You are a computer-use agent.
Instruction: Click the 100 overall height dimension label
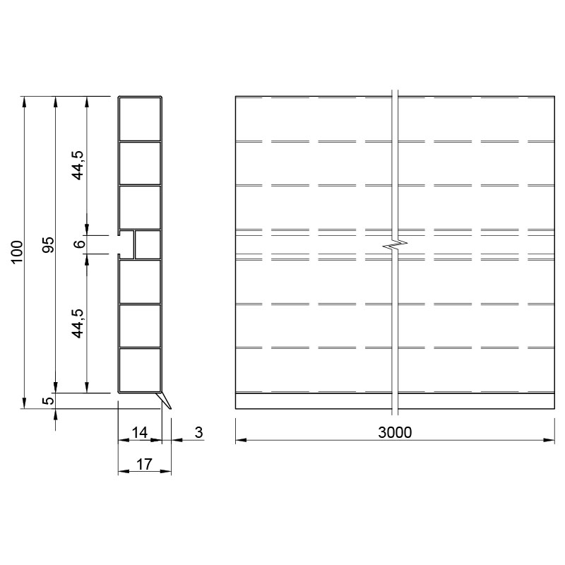tap(17, 252)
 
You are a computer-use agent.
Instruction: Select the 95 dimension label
tap(48, 244)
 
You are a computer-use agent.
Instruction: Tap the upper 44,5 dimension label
tap(78, 165)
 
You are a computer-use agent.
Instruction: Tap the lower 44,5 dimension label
tap(78, 323)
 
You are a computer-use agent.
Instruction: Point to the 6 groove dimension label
tap(79, 244)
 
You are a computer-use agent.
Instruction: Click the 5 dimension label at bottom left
tap(49, 400)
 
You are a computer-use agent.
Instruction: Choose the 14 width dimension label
tap(139, 432)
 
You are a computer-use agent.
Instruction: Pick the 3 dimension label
tap(199, 432)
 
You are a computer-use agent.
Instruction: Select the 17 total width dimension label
tap(144, 464)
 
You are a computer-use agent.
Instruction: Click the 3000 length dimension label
tap(395, 432)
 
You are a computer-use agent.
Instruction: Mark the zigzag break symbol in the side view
tap(395, 244)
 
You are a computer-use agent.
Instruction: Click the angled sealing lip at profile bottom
tap(165, 400)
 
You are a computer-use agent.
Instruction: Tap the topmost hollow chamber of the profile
tap(140, 119)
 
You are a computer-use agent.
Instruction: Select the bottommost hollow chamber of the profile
tap(140, 369)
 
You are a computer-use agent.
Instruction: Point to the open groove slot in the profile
tap(126, 244)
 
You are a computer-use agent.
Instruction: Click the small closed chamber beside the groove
tap(148, 244)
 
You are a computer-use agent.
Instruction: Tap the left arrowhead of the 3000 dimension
tap(241, 440)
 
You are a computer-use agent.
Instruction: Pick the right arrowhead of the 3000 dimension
tap(549, 440)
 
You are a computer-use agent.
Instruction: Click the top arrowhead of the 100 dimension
tap(24, 102)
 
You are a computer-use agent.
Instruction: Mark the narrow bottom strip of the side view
tap(395, 401)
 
